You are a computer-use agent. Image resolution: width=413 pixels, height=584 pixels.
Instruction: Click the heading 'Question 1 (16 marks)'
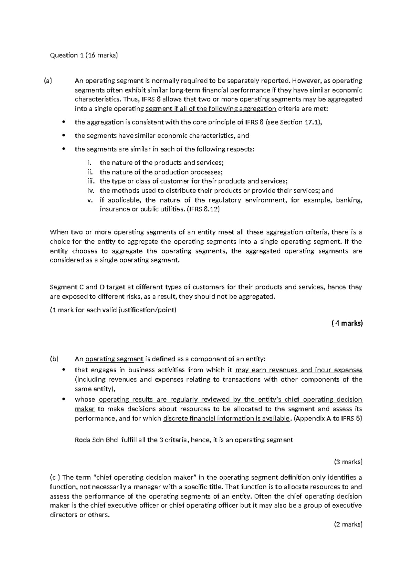pyautogui.click(x=84, y=55)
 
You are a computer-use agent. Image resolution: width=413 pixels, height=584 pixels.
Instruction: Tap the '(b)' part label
pyautogui.click(x=54, y=359)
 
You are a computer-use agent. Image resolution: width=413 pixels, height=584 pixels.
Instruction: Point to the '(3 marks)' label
pyautogui.click(x=348, y=462)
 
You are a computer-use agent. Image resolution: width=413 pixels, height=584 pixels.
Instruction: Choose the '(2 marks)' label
pyautogui.click(x=348, y=524)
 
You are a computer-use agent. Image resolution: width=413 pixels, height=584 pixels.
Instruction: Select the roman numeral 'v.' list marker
pyautogui.click(x=91, y=200)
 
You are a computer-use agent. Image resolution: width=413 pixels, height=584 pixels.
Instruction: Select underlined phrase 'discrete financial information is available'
pyautogui.click(x=226, y=418)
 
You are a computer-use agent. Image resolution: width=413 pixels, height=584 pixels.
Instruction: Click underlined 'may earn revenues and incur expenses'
pyautogui.click(x=299, y=370)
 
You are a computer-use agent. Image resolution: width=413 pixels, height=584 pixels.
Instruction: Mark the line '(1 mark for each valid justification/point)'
pyautogui.click(x=113, y=310)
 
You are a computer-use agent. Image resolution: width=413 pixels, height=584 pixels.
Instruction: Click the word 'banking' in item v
pyautogui.click(x=349, y=200)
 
